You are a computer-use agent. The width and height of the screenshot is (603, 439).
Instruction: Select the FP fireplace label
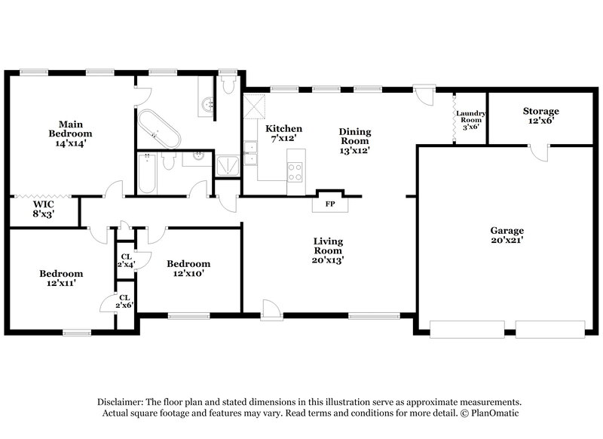tap(329, 204)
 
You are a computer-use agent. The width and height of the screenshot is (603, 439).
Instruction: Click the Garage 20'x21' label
tap(507, 235)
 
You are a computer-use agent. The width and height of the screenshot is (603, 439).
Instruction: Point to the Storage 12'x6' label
tap(541, 116)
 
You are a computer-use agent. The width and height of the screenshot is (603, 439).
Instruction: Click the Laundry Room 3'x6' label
tap(471, 120)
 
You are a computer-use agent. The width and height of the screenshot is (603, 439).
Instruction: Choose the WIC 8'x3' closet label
tap(43, 209)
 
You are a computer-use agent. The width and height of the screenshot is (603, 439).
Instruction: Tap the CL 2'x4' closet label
tap(124, 260)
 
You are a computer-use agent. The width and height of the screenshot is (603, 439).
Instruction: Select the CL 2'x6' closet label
tap(124, 302)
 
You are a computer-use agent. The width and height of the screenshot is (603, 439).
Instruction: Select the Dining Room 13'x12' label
tap(355, 141)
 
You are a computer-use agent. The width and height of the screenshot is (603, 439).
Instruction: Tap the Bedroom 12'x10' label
tap(188, 269)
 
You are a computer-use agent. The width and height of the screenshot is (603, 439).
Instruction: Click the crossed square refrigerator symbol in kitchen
tap(256, 103)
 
